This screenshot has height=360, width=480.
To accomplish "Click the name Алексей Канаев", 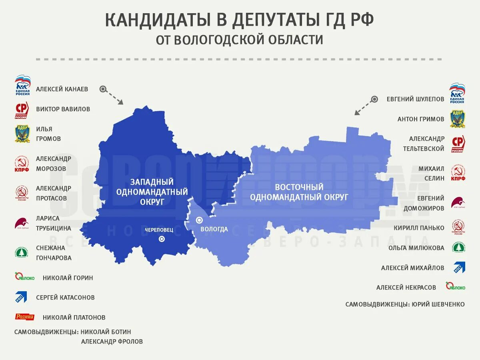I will tap(62, 89).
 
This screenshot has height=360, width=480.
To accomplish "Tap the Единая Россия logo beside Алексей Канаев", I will tap(22, 85).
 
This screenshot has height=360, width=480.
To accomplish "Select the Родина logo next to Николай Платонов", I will tap(25, 317).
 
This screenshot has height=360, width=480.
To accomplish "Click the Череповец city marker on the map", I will tap(162, 239).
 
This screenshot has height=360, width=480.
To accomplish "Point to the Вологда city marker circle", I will tap(199, 220).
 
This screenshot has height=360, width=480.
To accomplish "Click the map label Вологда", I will tap(214, 229).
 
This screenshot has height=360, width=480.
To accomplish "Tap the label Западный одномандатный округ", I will tap(152, 192).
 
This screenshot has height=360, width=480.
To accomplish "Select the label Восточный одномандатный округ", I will tap(300, 192).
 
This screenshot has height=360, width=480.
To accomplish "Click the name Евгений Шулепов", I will tap(415, 99).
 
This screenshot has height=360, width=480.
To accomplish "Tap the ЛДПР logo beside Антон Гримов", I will tap(457, 119).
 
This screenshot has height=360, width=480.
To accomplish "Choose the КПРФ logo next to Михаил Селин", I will tap(458, 173).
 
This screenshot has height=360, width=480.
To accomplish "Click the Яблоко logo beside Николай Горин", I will tap(25, 277).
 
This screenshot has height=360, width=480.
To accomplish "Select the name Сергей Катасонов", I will tap(65, 298).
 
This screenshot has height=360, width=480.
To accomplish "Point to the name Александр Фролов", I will tap(112, 342).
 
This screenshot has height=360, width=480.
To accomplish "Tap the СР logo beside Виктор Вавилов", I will tap(22, 110).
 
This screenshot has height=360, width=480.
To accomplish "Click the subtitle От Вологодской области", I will tap(240, 40).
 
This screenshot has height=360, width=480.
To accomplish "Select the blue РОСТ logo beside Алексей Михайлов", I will tap(459, 267).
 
